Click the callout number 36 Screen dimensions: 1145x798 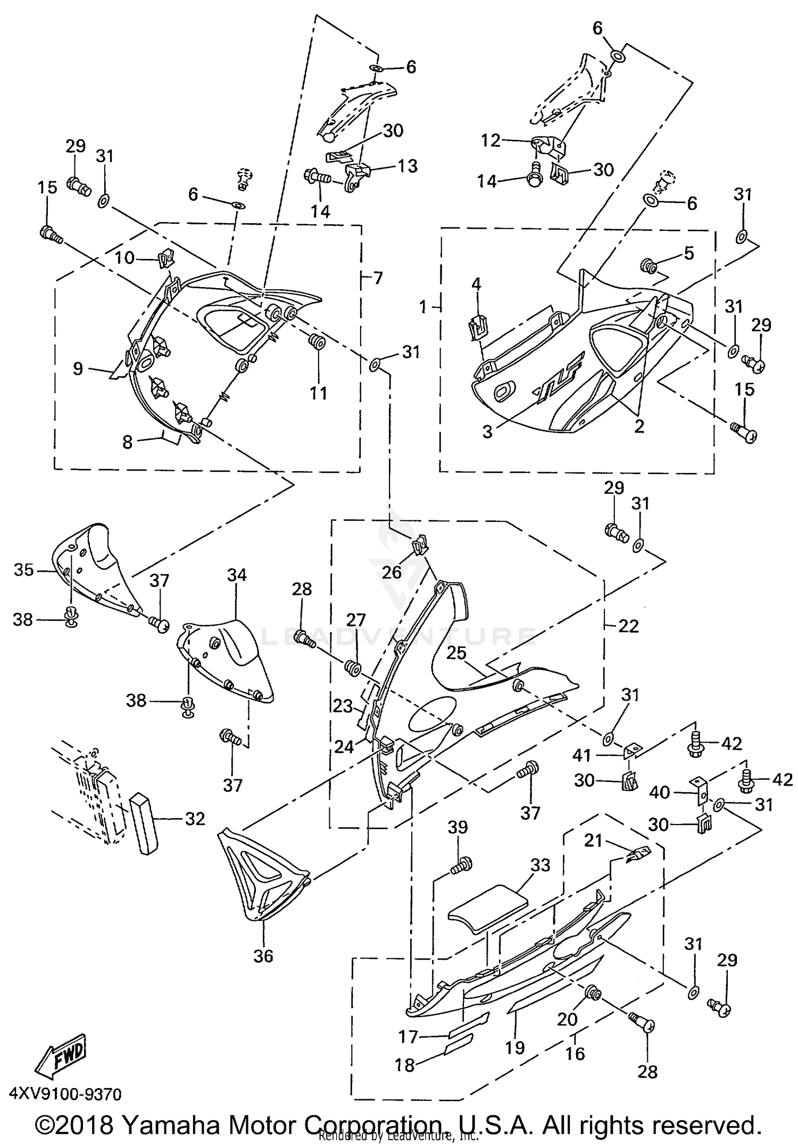click(x=263, y=971)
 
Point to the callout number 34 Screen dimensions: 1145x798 click(x=237, y=575)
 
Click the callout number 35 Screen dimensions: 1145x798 click(x=24, y=570)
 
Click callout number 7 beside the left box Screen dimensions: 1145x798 click(x=378, y=277)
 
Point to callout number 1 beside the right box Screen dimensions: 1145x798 click(x=423, y=307)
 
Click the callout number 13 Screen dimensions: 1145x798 click(x=408, y=166)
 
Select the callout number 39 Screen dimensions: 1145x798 click(x=458, y=828)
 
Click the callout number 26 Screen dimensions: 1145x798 click(x=392, y=572)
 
